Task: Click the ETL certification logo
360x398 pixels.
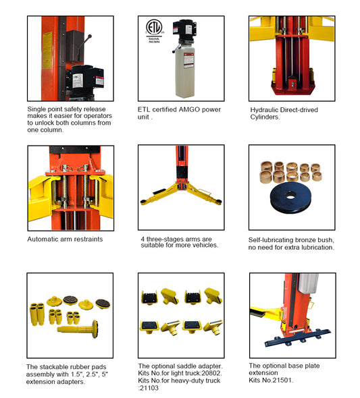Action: tap(154, 28)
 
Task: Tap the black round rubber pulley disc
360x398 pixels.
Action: tap(290, 197)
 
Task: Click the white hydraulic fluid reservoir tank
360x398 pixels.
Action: tap(185, 72)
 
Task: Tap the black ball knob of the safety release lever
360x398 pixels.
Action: tap(90, 36)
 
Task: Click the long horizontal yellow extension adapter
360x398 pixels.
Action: tap(78, 329)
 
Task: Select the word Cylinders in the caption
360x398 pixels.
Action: tap(265, 117)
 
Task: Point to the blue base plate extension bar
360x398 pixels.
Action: tap(297, 337)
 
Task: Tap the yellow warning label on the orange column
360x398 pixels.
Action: tap(47, 51)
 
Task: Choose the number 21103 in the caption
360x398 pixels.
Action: tap(150, 388)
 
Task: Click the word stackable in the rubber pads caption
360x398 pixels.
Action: tap(53, 367)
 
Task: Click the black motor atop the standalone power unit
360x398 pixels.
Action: tap(184, 30)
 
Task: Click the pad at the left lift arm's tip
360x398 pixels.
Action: tap(143, 202)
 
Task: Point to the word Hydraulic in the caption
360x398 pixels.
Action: tap(263, 110)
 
